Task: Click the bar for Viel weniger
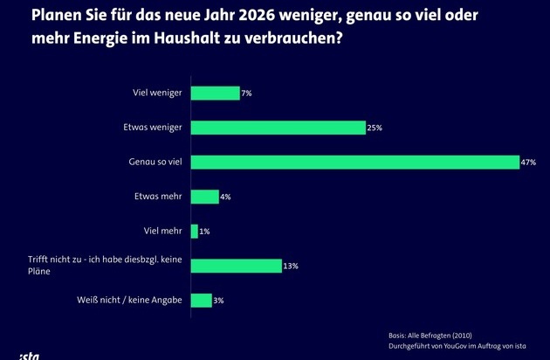click(215, 93)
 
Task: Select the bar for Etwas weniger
click(278, 128)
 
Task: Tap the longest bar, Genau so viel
click(355, 162)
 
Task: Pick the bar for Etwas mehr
click(205, 197)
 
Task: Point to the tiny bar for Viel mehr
click(195, 232)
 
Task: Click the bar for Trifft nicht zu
click(236, 266)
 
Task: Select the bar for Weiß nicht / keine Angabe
click(202, 301)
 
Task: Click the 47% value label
click(529, 163)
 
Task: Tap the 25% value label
click(375, 128)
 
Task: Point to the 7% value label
click(247, 93)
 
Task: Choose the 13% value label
click(291, 267)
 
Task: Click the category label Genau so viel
click(155, 162)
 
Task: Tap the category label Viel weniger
click(155, 93)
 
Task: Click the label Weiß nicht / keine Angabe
click(131, 301)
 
